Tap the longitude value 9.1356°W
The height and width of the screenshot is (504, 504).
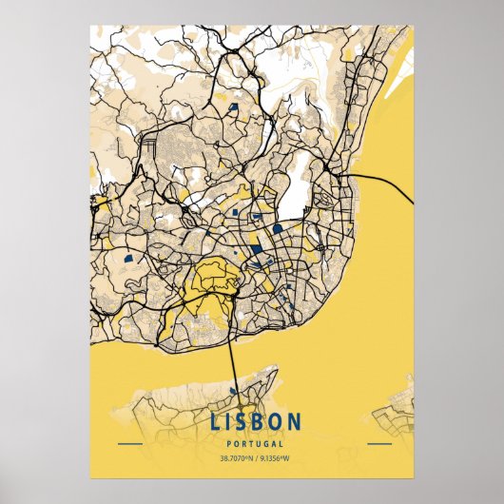coord(277,458)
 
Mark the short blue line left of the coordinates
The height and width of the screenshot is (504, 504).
coord(129,444)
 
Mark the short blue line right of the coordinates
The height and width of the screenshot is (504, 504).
coord(378,444)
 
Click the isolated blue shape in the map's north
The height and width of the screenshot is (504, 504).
coord(234,108)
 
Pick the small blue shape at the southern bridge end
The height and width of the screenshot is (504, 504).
coord(235,390)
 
